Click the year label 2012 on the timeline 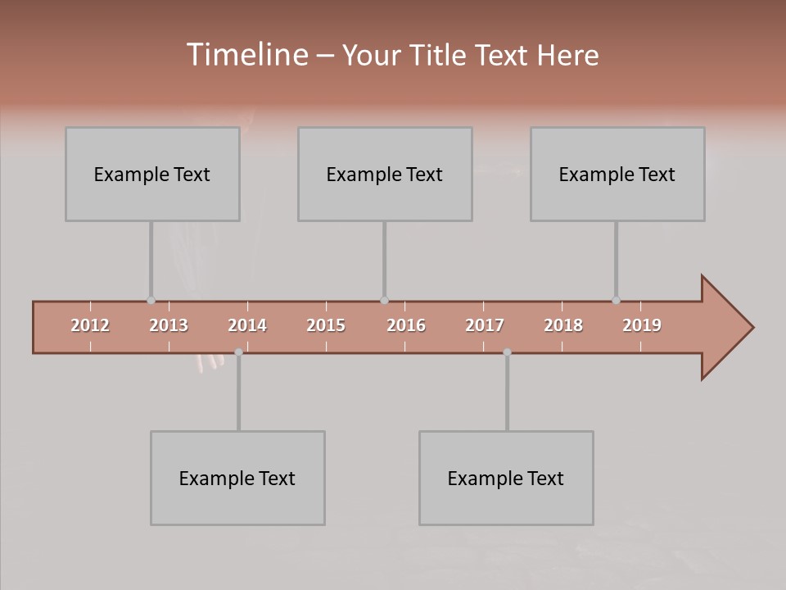tap(90, 325)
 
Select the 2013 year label tap(169, 325)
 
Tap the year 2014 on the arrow tap(247, 325)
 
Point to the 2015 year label tap(326, 325)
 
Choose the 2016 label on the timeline tap(406, 325)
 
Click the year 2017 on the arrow tap(485, 325)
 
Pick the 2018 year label tap(563, 325)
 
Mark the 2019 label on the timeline tap(642, 325)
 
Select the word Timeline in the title tap(246, 55)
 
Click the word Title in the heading tap(442, 55)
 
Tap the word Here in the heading tap(567, 55)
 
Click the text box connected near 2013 tap(152, 174)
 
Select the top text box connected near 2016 tap(385, 174)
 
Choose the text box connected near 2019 tap(617, 174)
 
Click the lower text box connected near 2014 tap(237, 478)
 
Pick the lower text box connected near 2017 tap(506, 478)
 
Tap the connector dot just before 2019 tap(616, 301)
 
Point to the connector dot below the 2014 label tap(238, 352)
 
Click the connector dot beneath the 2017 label tap(507, 352)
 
